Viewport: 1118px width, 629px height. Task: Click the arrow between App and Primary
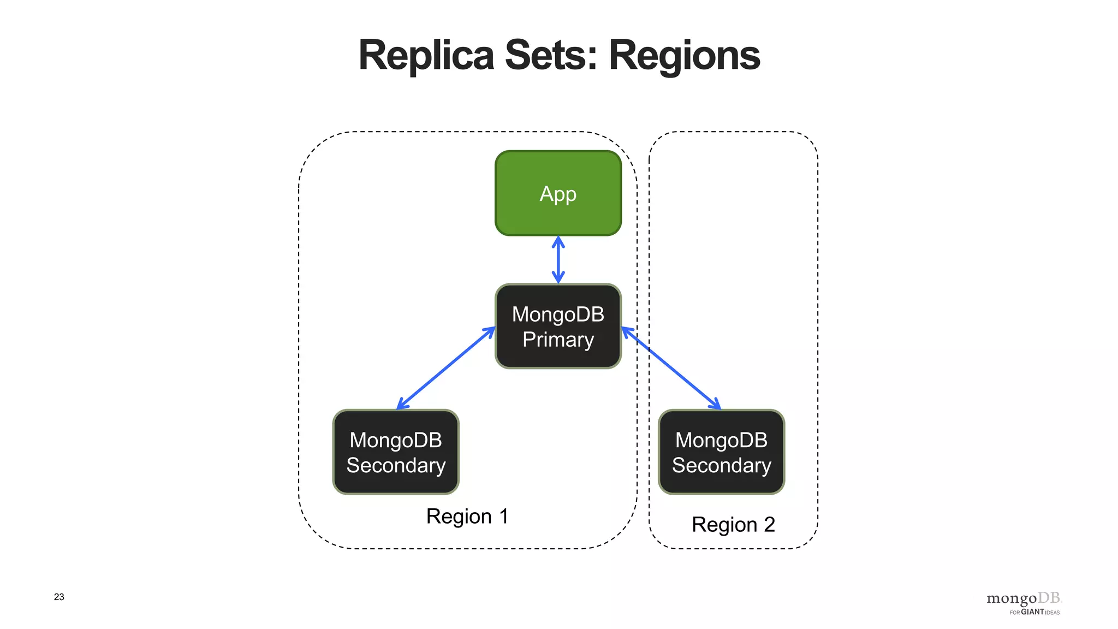pos(558,260)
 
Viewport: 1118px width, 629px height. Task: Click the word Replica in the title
pos(426,56)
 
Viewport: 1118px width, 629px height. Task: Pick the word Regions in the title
pos(684,56)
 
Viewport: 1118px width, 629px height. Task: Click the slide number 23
pos(59,597)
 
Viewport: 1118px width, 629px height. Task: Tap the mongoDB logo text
pos(1023,598)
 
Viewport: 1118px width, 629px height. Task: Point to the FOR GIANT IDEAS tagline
pos(1034,612)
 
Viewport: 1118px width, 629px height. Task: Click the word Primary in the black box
pos(558,340)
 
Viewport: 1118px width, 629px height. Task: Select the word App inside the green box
pos(558,194)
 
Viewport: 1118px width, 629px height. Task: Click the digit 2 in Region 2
pos(769,524)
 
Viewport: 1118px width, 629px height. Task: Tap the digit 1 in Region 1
pos(503,516)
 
